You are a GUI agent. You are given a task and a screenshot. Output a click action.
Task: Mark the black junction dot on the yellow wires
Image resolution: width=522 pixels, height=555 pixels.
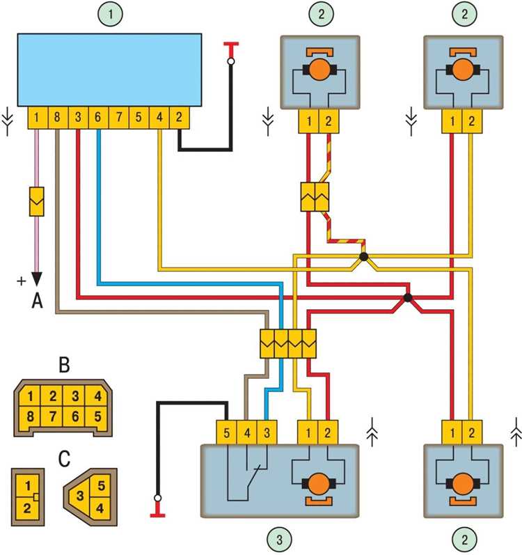(x=363, y=258)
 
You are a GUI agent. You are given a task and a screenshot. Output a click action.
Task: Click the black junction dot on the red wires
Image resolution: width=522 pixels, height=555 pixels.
(x=408, y=298)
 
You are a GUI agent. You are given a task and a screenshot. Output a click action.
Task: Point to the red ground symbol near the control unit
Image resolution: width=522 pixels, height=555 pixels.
(x=230, y=47)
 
